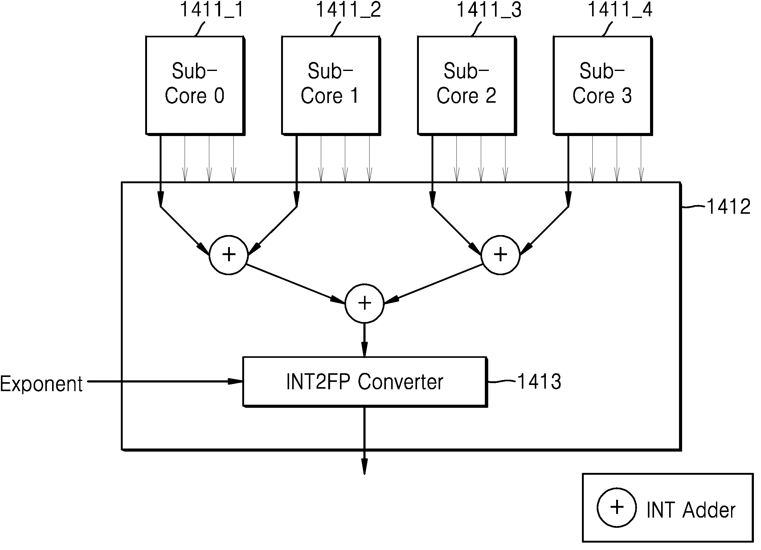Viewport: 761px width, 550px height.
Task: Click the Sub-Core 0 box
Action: (x=195, y=86)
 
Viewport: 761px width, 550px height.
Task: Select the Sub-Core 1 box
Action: (x=331, y=86)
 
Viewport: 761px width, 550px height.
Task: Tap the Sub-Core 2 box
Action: (x=467, y=86)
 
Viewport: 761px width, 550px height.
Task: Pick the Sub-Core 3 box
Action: (x=603, y=86)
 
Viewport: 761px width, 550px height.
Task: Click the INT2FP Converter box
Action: (x=365, y=382)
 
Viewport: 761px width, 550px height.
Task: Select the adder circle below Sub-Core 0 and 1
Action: (x=229, y=255)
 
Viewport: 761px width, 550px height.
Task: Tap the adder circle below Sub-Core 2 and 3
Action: (x=501, y=255)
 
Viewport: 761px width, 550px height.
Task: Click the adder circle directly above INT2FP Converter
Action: (x=365, y=304)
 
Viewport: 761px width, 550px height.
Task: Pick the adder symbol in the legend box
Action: (x=617, y=508)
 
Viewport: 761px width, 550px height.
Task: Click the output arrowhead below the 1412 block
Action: (x=364, y=466)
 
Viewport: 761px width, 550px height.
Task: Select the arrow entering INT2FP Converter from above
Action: (x=364, y=340)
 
